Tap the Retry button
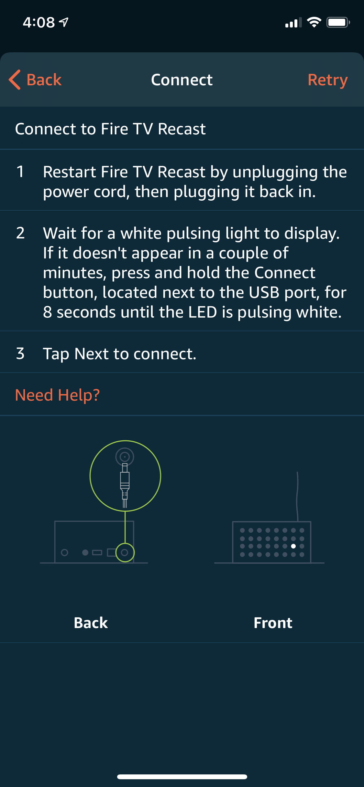[x=327, y=80]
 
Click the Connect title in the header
[x=182, y=80]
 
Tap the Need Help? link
[x=57, y=395]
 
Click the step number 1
[x=20, y=172]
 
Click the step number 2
[x=20, y=233]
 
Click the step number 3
[x=20, y=353]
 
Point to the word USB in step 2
[x=264, y=293]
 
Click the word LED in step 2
[x=203, y=312]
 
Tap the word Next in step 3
[x=92, y=354]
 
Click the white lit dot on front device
[x=293, y=546]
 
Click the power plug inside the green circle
[x=125, y=481]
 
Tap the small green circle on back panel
[x=125, y=552]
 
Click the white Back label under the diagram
[x=91, y=623]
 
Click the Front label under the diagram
[x=273, y=623]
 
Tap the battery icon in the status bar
[x=337, y=22]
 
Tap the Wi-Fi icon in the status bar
[x=314, y=22]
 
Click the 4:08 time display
[x=39, y=23]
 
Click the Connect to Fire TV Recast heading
[x=110, y=129]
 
